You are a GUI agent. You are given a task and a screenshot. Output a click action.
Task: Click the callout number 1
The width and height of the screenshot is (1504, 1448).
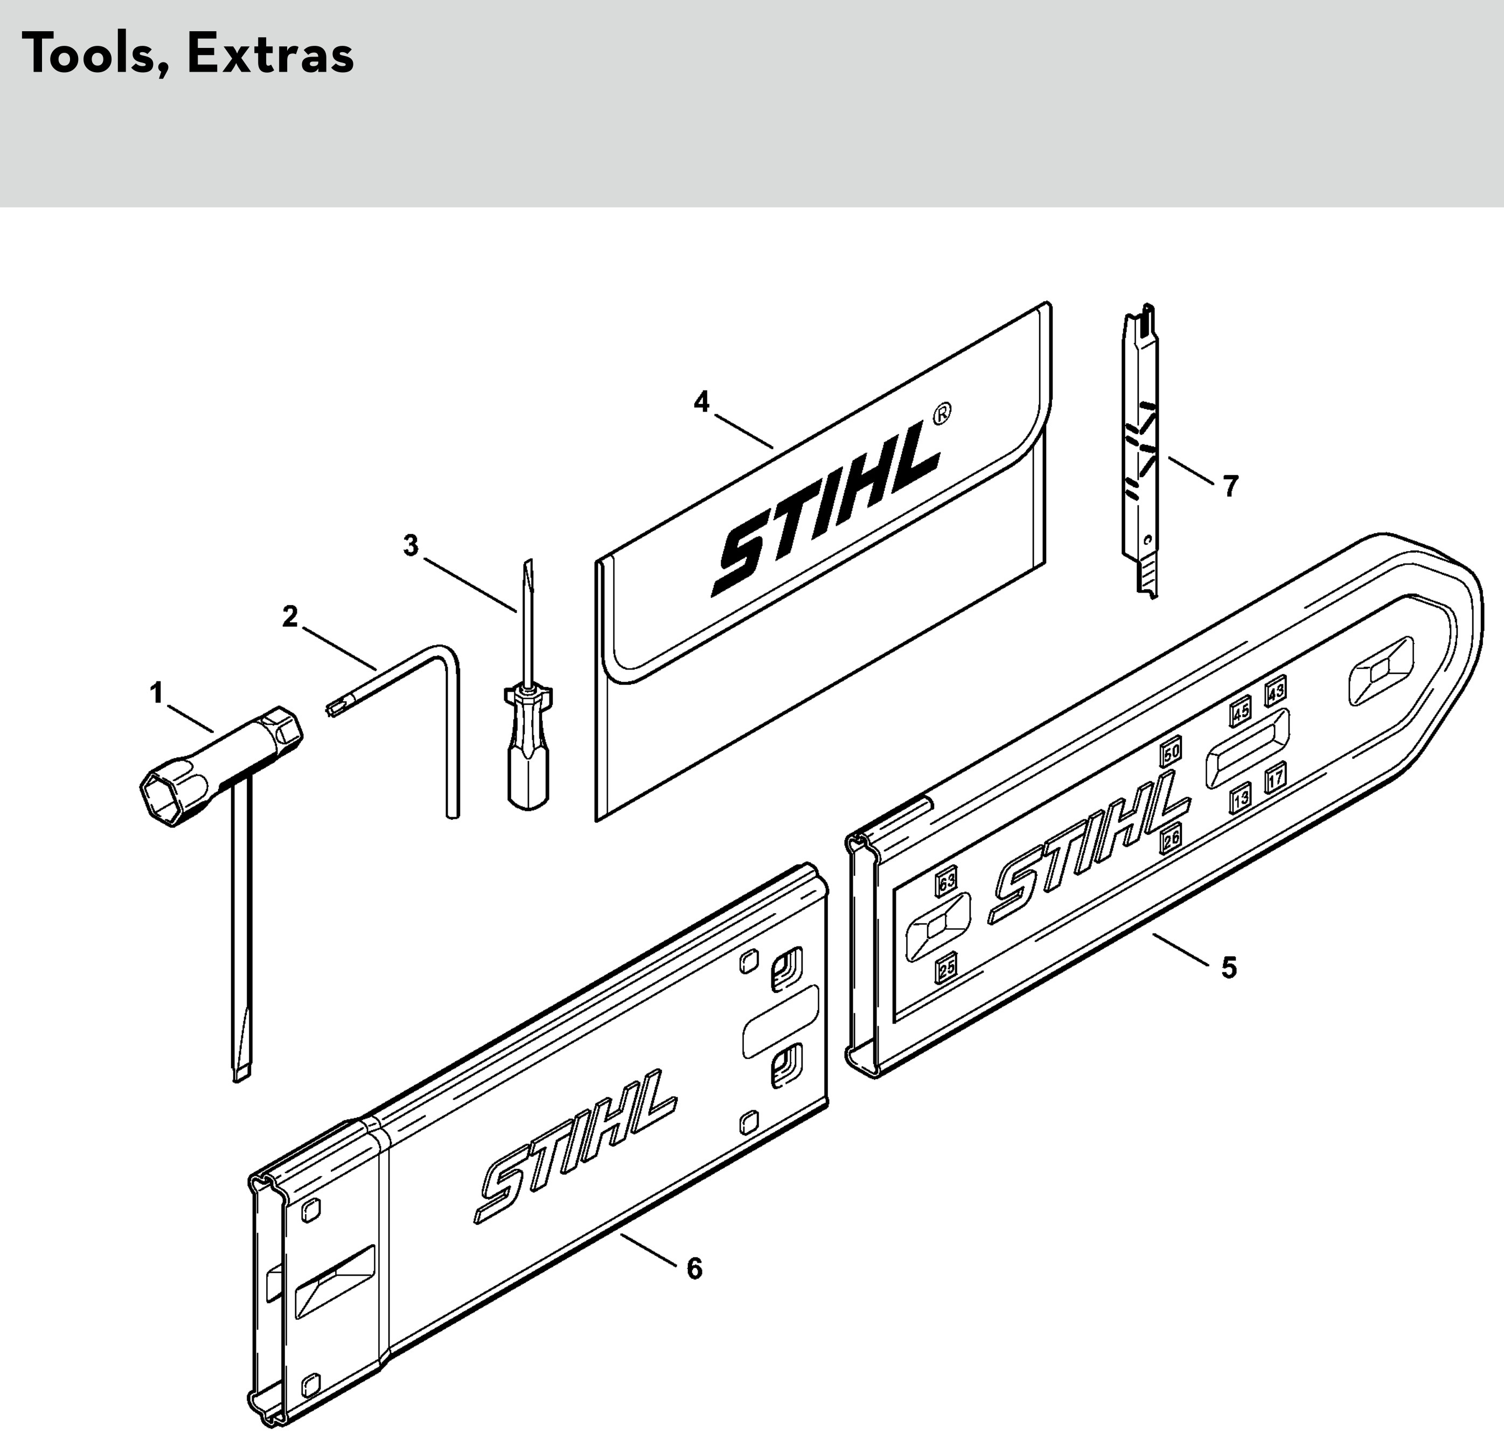click(x=157, y=694)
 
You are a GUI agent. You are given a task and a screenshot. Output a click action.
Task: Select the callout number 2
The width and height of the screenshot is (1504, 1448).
click(x=290, y=616)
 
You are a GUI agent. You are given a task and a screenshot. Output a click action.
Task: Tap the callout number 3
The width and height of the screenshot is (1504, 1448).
click(x=412, y=546)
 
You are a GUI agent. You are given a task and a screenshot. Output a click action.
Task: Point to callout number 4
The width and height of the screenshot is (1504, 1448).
click(x=701, y=401)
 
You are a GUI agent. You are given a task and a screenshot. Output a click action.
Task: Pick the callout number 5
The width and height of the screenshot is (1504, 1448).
click(x=1229, y=967)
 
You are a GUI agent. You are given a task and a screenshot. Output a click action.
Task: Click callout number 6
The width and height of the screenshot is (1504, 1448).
click(x=694, y=1269)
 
